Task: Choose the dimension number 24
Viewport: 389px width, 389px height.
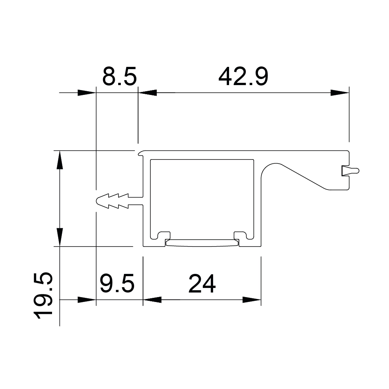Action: pyautogui.click(x=202, y=284)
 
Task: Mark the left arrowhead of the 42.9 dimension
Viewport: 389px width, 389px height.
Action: pyautogui.click(x=147, y=93)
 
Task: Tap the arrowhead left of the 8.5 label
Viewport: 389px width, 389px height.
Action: pyautogui.click(x=87, y=93)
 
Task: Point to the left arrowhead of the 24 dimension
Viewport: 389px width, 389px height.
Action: pyautogui.click(x=152, y=300)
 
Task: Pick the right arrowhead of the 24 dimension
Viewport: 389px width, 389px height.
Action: pyautogui.click(x=252, y=300)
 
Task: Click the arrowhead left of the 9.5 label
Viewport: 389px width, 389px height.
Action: pyautogui.click(x=87, y=300)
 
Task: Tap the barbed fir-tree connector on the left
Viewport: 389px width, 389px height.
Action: pyautogui.click(x=114, y=201)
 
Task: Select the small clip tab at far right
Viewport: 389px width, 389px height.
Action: pyautogui.click(x=349, y=171)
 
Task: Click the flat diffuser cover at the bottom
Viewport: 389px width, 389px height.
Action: pyautogui.click(x=202, y=243)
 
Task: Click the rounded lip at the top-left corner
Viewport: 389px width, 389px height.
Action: pyautogui.click(x=141, y=153)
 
